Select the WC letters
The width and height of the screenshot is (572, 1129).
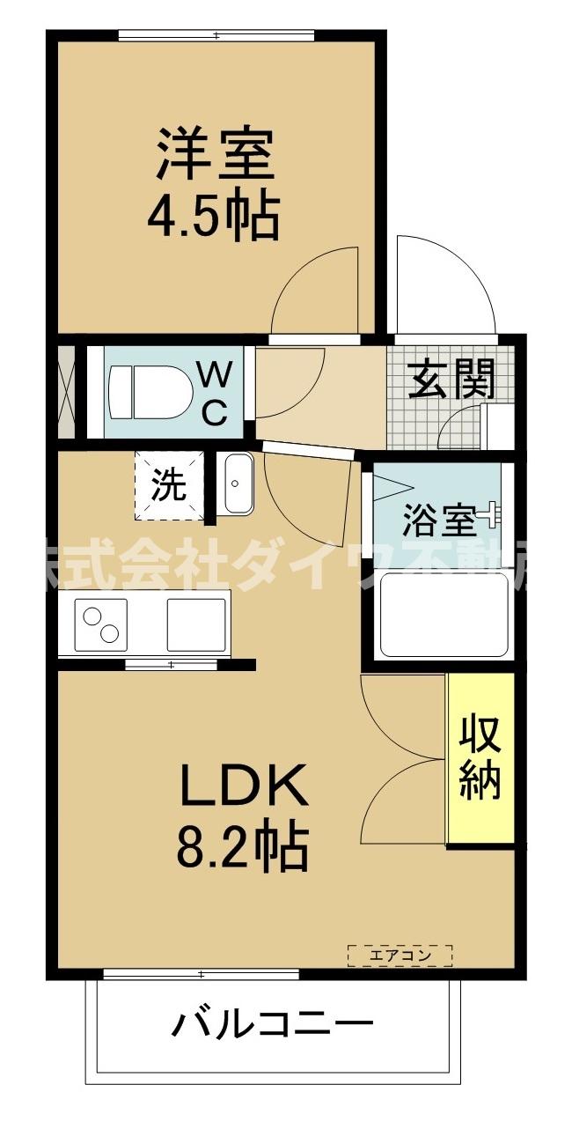(215, 394)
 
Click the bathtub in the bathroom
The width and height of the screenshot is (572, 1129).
(444, 615)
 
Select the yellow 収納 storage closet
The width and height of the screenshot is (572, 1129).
(480, 757)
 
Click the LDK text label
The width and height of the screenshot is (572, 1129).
(244, 786)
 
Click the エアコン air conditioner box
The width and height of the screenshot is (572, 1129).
(400, 955)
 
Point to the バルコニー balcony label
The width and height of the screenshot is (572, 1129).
(272, 1025)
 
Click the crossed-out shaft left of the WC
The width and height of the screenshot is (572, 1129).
(65, 393)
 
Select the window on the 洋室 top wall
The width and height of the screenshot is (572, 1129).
(216, 36)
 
